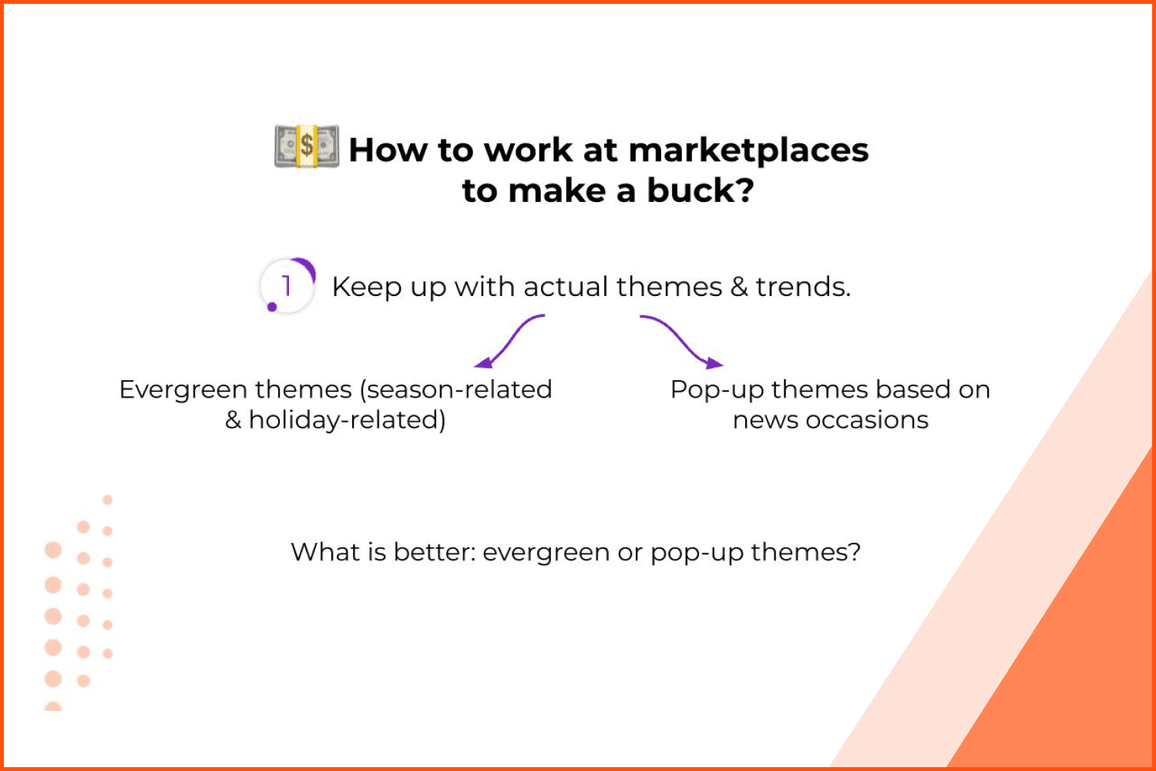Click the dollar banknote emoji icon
tap(307, 146)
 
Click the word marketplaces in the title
tap(748, 151)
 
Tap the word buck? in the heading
tap(701, 190)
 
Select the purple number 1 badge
tap(287, 285)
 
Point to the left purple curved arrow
tap(508, 339)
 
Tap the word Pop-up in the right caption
tap(717, 390)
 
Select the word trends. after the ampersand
tap(803, 287)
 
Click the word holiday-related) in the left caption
tap(348, 420)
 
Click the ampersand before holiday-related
tap(234, 420)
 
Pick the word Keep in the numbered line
tap(366, 287)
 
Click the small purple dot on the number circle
tap(272, 308)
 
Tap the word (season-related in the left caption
tap(455, 390)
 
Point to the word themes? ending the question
tap(805, 552)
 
